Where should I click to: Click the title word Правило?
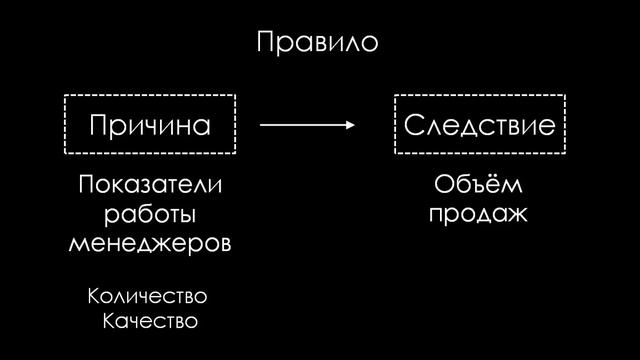[318, 44]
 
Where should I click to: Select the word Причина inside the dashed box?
[150, 125]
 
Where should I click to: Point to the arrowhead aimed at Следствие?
[351, 125]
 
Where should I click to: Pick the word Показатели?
[150, 187]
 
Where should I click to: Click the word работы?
[150, 215]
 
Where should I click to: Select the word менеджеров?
[150, 243]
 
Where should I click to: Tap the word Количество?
[147, 297]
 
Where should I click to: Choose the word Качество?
[151, 322]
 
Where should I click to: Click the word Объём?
[478, 187]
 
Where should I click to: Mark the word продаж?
[477, 215]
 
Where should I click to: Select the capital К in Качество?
[110, 322]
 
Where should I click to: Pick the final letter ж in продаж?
[517, 215]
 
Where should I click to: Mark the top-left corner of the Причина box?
[65, 96]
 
